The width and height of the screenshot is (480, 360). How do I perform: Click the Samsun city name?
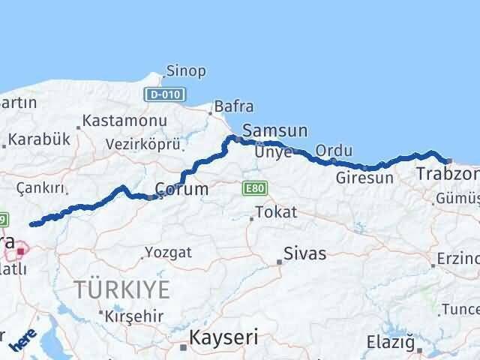[276, 130]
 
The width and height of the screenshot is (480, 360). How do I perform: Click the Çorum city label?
[181, 189]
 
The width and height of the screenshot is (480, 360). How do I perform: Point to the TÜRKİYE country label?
[121, 289]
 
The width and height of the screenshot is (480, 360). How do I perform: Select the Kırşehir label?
[135, 316]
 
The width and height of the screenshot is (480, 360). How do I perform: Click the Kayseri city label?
[223, 338]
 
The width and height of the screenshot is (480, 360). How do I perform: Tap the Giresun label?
[364, 178]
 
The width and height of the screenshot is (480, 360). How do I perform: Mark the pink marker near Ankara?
[20, 252]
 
